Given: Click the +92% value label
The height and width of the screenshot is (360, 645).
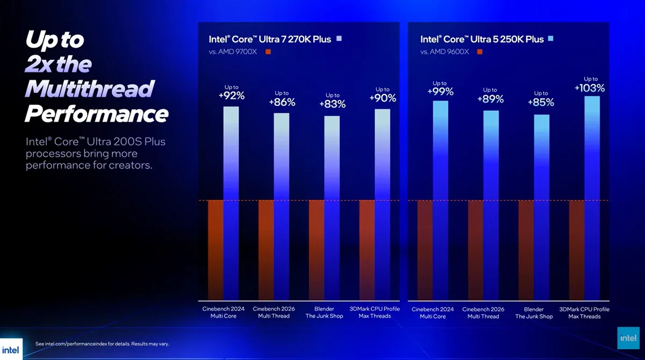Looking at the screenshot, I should click(231, 96).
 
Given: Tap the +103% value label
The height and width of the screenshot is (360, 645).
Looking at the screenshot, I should click(590, 88).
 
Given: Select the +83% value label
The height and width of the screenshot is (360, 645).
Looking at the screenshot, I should click(332, 104).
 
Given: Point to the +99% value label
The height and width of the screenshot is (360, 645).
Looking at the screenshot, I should click(440, 92).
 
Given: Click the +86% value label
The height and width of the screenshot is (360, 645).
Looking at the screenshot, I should click(282, 102).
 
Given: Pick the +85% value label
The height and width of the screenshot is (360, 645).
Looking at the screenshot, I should click(541, 102).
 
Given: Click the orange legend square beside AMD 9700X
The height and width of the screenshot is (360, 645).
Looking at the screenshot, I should click(268, 52).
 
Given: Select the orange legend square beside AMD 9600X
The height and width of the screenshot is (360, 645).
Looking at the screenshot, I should click(479, 52).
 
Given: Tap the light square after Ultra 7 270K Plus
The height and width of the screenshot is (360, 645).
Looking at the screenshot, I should click(339, 39).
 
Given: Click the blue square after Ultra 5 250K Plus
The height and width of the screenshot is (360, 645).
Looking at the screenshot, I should click(550, 39).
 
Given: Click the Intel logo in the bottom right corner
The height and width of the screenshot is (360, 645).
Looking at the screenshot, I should click(628, 338).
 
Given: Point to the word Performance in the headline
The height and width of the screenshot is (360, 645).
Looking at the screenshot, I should click(97, 113).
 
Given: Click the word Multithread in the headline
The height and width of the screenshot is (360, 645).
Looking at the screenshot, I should click(89, 88).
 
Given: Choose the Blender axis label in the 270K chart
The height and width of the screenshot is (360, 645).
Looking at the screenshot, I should click(324, 309).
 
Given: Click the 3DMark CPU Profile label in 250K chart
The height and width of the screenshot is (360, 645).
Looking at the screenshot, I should click(584, 309).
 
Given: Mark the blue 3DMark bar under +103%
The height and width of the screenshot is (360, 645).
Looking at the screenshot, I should click(592, 199).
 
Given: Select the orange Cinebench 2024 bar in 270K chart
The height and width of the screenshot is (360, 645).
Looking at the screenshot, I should click(216, 250).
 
